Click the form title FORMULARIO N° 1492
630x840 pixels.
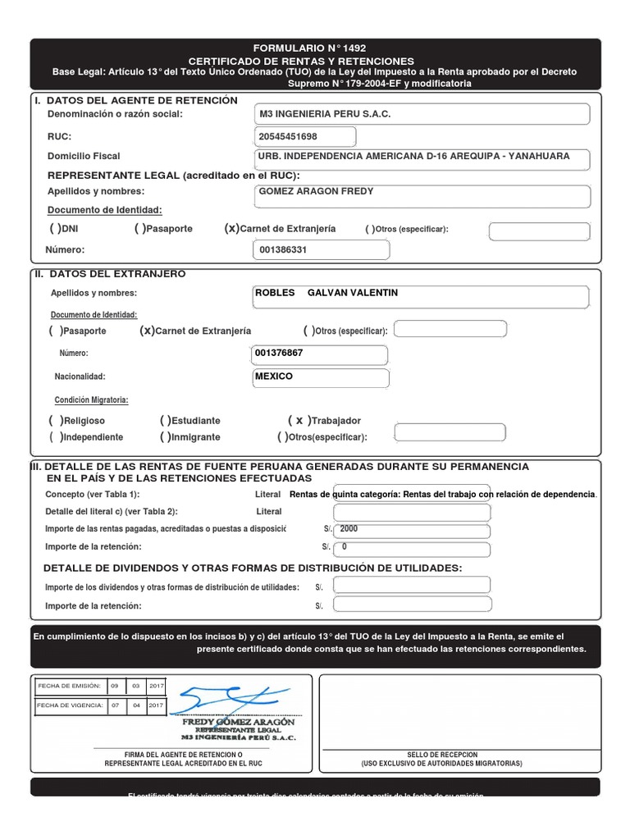coord(315,48)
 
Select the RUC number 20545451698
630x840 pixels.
coord(288,136)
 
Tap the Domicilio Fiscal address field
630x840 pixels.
coord(413,156)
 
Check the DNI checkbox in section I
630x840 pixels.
coord(56,229)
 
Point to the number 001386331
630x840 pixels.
coord(283,250)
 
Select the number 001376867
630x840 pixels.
coord(279,353)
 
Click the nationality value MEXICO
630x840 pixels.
coord(274,377)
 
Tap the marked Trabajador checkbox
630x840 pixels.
coord(299,420)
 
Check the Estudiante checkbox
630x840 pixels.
coord(167,420)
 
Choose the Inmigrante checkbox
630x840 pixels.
coord(167,437)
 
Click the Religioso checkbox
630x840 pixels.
coord(56,420)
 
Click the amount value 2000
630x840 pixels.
coord(349,529)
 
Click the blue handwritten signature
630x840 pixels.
coord(226,700)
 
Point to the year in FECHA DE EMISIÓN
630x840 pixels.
coord(156,685)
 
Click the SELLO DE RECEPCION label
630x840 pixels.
coord(441,755)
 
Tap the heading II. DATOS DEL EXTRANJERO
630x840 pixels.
coord(110,274)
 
